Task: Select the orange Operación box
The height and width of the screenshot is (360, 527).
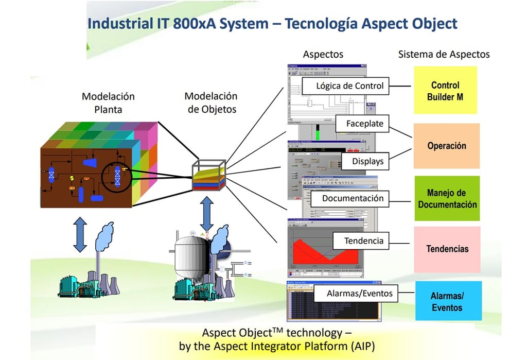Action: (446, 146)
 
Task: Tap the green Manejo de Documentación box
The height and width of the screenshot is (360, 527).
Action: (447, 198)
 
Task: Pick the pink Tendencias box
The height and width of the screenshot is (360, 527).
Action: (447, 249)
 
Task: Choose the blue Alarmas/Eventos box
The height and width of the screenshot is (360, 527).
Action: (447, 302)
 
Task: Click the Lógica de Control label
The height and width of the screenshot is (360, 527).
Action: (350, 86)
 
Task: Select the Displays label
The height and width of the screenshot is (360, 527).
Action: (367, 161)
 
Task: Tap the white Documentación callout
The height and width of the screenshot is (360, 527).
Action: (353, 198)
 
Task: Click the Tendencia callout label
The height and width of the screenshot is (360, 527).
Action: (363, 241)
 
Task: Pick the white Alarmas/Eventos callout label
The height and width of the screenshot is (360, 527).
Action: (359, 294)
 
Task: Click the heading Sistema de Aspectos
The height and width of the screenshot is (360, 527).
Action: (444, 54)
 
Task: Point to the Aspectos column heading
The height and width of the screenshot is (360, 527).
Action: (323, 54)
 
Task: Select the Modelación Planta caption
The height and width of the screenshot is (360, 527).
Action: (108, 102)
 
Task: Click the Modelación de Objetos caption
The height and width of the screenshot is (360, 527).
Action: (211, 102)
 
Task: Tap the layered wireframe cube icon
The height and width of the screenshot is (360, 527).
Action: (208, 176)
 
